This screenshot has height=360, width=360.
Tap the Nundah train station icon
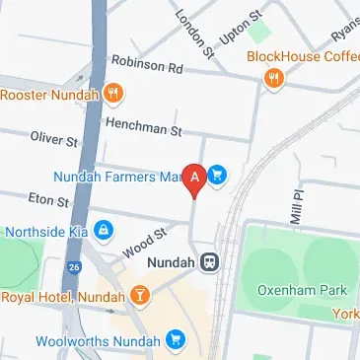(209, 262)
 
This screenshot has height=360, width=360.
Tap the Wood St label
(142, 241)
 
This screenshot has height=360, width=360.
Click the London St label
(192, 30)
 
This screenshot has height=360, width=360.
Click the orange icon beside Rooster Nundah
(115, 95)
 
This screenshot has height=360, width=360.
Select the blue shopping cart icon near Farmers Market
(217, 177)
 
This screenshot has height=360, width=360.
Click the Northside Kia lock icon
(103, 232)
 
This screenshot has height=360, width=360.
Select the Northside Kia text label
(45, 233)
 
